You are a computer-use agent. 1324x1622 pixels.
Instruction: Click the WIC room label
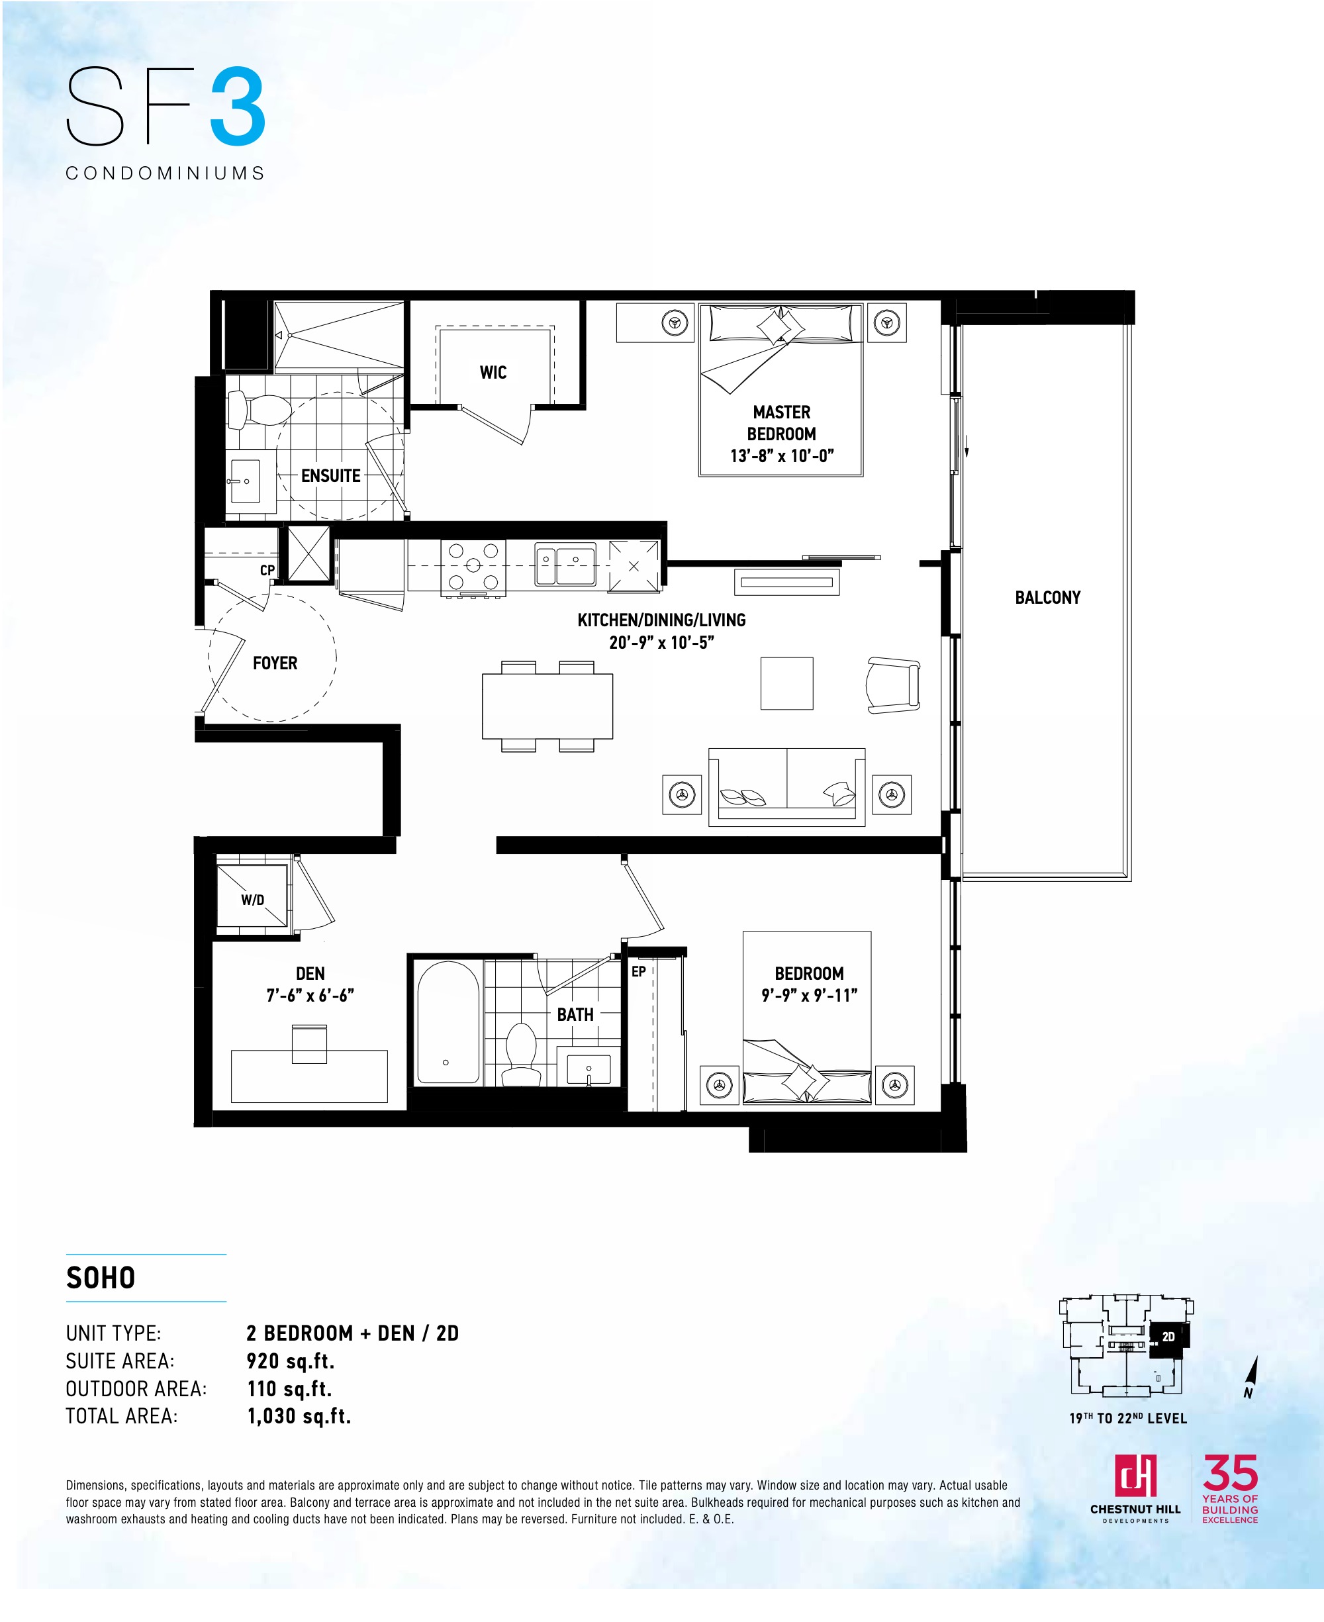pyautogui.click(x=493, y=372)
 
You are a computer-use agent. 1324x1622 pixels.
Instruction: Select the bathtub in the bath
pyautogui.click(x=448, y=1022)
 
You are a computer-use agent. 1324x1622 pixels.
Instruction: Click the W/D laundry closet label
pyautogui.click(x=252, y=900)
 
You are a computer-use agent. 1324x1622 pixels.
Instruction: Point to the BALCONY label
pyautogui.click(x=1047, y=597)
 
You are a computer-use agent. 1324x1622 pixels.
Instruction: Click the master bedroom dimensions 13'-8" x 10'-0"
pyautogui.click(x=782, y=455)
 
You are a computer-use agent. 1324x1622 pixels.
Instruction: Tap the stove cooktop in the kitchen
pyautogui.click(x=473, y=566)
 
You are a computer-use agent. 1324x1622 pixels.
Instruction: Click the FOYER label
pyautogui.click(x=275, y=663)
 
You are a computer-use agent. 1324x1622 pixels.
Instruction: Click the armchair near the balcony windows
pyautogui.click(x=893, y=685)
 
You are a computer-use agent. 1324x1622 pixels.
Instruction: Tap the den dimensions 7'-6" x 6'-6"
pyautogui.click(x=310, y=994)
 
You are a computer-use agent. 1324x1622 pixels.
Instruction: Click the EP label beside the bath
pyautogui.click(x=638, y=971)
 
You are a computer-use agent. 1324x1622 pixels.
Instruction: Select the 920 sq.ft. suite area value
pyautogui.click(x=291, y=1361)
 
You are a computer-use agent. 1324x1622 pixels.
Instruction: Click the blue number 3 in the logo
pyautogui.click(x=237, y=107)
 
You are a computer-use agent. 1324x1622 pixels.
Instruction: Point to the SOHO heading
pyautogui.click(x=101, y=1277)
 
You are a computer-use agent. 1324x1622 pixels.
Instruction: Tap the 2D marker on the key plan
pyautogui.click(x=1168, y=1337)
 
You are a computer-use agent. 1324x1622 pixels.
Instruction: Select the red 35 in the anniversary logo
pyautogui.click(x=1230, y=1472)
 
